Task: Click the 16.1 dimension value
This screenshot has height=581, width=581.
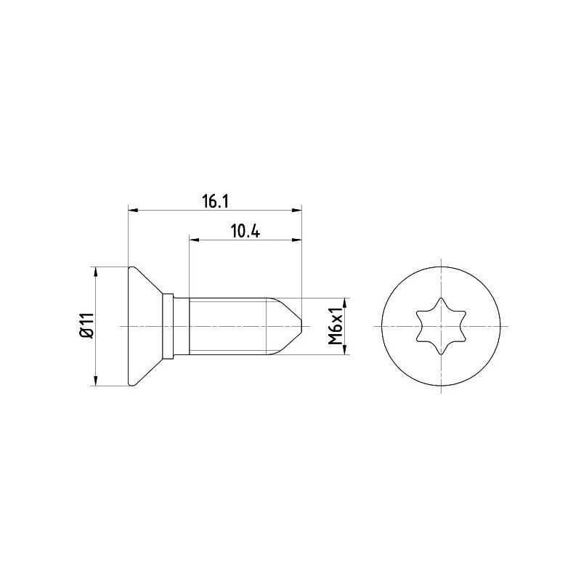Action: (215, 202)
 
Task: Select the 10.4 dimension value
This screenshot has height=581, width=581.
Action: (245, 231)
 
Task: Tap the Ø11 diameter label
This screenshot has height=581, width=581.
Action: (86, 325)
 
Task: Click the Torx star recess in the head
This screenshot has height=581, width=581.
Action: (441, 326)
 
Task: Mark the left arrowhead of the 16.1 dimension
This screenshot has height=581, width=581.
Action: (133, 211)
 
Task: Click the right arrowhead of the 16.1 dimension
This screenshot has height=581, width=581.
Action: (297, 211)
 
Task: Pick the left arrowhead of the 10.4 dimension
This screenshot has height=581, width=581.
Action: (194, 240)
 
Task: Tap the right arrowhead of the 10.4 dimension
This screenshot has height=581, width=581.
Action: (297, 240)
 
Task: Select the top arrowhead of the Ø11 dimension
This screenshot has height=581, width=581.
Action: (96, 272)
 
